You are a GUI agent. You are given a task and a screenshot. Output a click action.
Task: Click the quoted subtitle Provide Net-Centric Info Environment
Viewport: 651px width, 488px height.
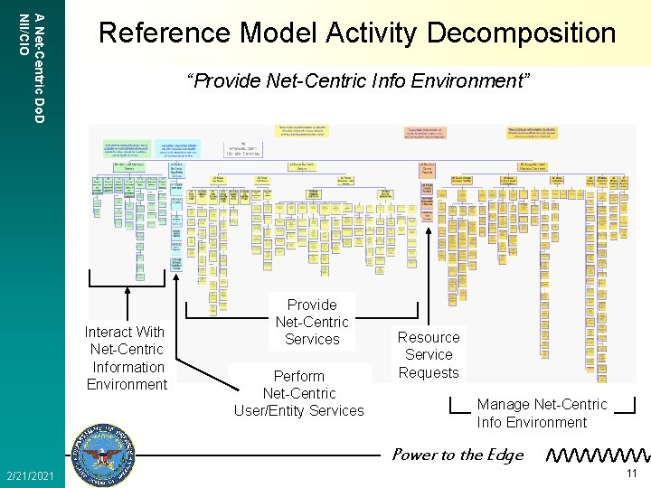(x=357, y=81)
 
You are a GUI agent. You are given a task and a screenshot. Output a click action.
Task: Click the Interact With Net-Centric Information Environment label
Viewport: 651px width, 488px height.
(x=126, y=358)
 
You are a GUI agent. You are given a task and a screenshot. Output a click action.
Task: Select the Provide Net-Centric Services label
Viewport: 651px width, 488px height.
(x=312, y=322)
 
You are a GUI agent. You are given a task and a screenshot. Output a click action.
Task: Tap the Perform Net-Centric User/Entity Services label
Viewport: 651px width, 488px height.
(x=299, y=393)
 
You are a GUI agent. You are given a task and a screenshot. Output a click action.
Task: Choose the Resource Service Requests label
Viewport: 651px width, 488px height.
(x=429, y=354)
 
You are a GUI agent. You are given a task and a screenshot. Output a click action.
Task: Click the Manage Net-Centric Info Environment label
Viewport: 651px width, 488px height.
(x=542, y=413)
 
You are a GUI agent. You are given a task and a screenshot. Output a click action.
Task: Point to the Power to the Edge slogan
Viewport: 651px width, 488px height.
(x=458, y=455)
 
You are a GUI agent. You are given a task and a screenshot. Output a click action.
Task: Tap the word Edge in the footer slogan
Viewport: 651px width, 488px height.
(x=505, y=455)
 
